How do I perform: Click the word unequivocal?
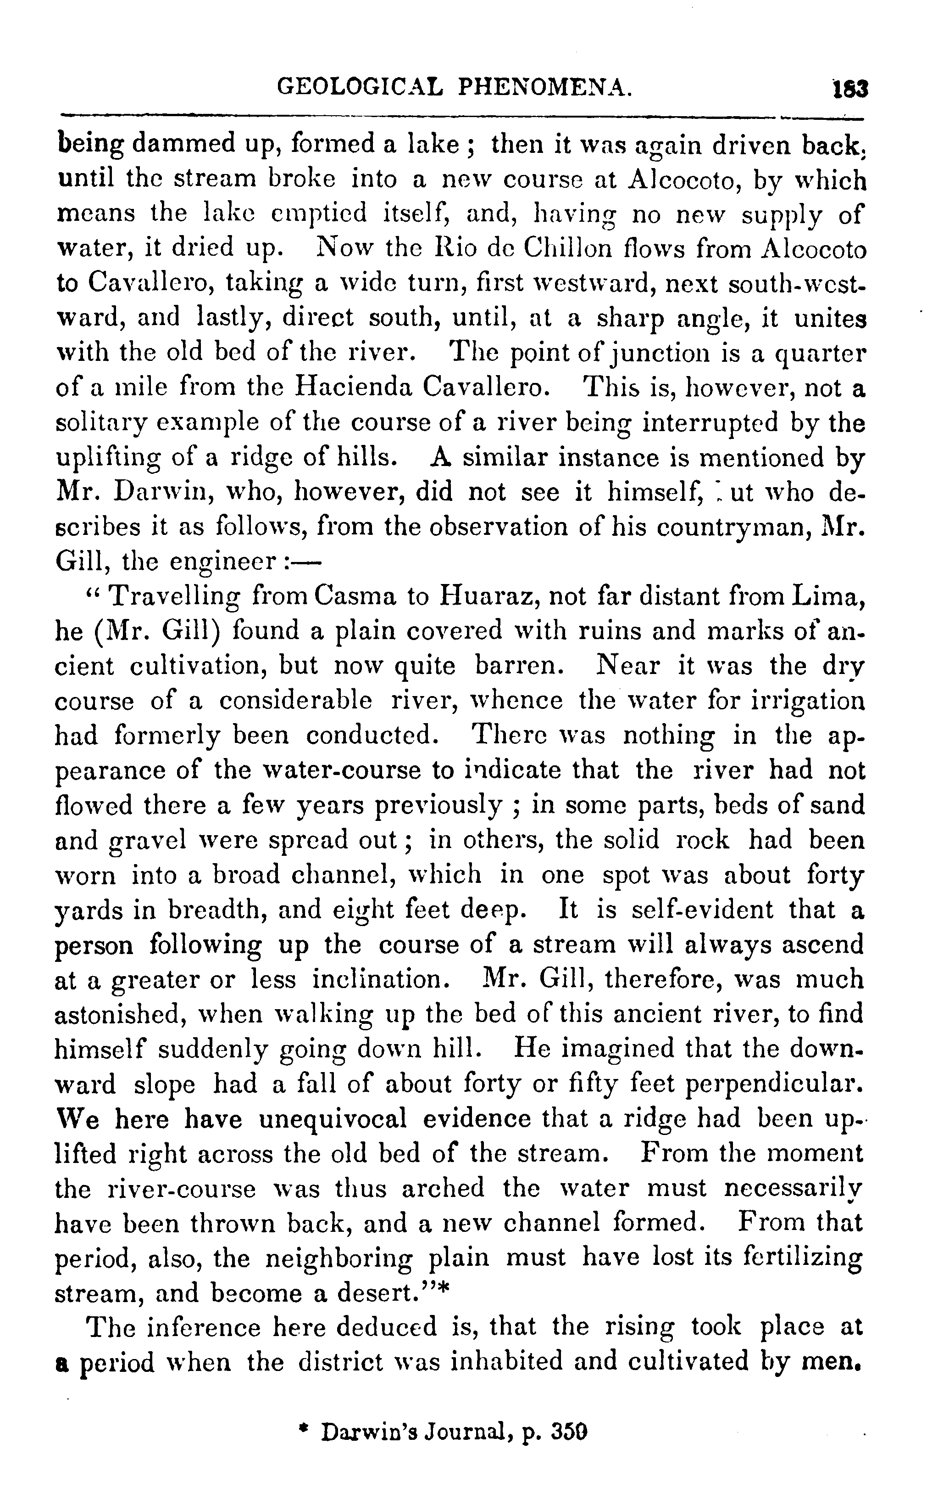[333, 1118]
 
